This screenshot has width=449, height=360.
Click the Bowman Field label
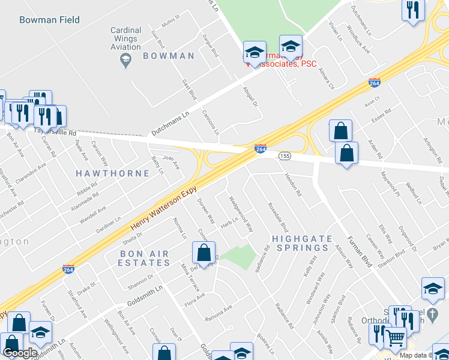tap(49, 20)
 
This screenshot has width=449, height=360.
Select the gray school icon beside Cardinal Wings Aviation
tap(126, 60)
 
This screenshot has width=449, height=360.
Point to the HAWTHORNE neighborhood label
tap(112, 173)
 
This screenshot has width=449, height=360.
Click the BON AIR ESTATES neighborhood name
tap(144, 259)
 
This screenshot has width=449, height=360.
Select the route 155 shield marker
tap(285, 156)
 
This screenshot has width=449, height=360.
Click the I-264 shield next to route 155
tap(261, 149)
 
